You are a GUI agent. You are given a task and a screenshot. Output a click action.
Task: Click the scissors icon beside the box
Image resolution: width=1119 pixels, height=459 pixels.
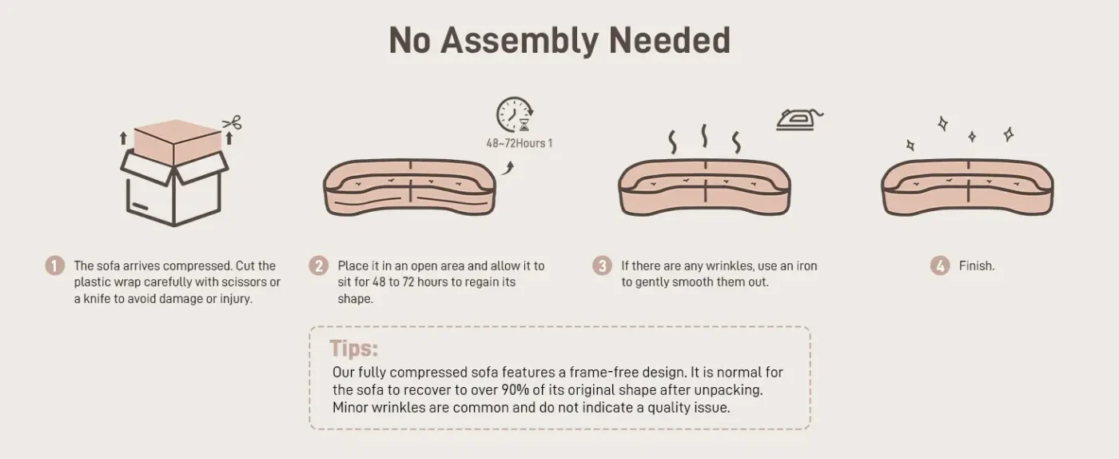tap(233, 122)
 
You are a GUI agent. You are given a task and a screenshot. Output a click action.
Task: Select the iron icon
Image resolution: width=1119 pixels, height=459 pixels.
tap(799, 119)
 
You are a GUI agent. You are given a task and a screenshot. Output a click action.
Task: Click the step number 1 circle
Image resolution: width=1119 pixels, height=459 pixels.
tap(55, 265)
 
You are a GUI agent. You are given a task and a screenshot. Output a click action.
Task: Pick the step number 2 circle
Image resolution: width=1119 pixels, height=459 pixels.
tap(319, 265)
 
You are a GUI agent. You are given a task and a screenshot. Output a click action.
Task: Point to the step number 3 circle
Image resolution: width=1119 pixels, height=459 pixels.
tap(602, 265)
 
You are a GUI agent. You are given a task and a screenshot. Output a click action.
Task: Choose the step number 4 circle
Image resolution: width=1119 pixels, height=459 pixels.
tap(940, 265)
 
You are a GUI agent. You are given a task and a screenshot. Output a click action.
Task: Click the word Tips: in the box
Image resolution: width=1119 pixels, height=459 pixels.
tap(353, 348)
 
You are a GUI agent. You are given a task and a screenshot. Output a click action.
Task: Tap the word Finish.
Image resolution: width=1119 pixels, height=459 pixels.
tap(977, 266)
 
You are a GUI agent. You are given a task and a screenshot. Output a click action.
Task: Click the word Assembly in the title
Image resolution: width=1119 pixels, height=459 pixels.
tap(520, 41)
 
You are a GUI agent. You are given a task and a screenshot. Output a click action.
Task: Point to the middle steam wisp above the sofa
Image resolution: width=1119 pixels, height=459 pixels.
tap(704, 136)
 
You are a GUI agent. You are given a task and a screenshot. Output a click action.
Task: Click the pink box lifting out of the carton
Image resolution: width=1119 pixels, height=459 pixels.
tap(177, 142)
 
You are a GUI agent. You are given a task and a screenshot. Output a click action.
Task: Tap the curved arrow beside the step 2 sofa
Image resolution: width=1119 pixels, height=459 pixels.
tap(508, 168)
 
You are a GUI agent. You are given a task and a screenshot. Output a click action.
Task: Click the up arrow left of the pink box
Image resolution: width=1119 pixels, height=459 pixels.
tap(123, 138)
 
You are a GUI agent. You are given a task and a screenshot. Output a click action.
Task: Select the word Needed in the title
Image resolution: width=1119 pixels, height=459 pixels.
tap(670, 41)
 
